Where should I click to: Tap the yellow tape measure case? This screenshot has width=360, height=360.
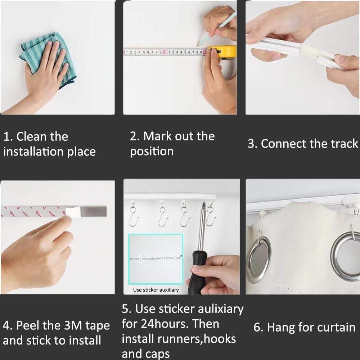(224, 51)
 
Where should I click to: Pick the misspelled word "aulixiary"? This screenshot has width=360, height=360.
(221, 309)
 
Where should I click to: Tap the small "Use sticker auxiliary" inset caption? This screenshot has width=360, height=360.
(156, 290)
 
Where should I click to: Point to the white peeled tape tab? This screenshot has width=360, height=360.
(73, 211)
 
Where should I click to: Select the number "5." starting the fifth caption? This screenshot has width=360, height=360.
(126, 309)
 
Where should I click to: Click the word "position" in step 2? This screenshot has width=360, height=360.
(152, 152)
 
